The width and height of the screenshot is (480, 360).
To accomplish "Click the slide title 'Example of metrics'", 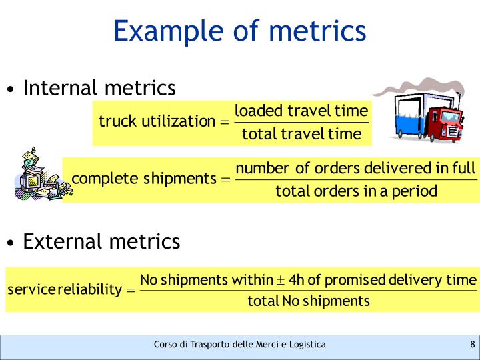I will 239,31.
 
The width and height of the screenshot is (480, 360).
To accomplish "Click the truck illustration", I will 427,117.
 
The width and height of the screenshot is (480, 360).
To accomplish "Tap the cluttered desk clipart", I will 36,175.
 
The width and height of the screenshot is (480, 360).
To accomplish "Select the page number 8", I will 472,345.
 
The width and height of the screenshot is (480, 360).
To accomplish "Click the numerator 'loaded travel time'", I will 301,110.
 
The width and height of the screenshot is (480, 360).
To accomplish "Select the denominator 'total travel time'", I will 301,134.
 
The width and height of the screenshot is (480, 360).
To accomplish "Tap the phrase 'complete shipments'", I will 143,179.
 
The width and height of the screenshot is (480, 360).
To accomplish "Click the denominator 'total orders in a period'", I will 356,192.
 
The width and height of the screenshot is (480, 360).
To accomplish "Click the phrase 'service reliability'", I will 64,289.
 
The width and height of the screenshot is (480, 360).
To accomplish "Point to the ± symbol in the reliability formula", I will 281,279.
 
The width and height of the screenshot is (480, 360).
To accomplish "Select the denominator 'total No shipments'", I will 308,301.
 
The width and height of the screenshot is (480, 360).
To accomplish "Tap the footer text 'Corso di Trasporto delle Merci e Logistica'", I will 239,345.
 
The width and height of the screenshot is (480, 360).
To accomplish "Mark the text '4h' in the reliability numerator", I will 296,279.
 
